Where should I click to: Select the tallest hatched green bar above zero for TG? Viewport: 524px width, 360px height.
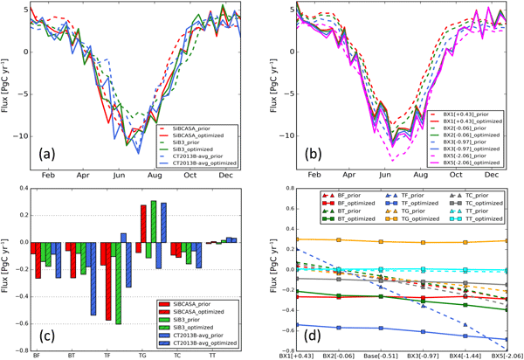154,229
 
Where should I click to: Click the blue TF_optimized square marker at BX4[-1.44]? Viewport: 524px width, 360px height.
465,336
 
